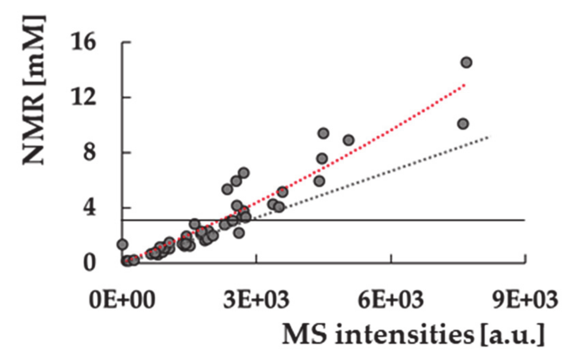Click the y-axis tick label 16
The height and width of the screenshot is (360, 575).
(84, 42)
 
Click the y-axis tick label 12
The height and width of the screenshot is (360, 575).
(84, 97)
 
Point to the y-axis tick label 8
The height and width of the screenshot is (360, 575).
(89, 152)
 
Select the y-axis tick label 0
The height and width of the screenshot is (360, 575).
(89, 263)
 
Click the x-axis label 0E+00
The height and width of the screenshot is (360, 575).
(122, 300)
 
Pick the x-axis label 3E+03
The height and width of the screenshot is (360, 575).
(256, 300)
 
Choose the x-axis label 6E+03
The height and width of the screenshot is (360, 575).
(391, 300)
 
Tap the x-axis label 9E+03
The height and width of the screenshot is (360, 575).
(525, 300)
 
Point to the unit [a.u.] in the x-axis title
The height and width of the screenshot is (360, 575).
(513, 334)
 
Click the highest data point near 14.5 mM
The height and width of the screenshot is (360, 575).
(467, 62)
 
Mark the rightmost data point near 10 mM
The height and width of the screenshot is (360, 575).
(463, 124)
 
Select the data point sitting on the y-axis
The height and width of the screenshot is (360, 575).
(122, 244)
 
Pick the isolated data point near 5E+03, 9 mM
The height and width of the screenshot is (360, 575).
(349, 140)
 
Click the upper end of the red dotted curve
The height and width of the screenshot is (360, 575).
(464, 84)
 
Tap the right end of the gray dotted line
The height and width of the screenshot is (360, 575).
(489, 137)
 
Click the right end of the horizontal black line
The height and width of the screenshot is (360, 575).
(524, 220)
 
